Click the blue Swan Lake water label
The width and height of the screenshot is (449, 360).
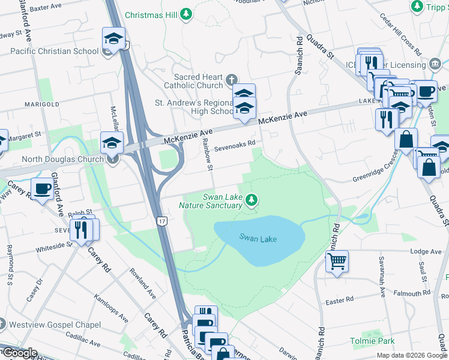(258, 238)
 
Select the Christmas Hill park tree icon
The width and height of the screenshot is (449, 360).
(187, 14)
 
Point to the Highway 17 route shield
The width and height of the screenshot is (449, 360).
(162, 221)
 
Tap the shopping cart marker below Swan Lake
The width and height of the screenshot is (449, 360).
(337, 261)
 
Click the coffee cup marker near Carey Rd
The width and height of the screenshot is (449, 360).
(41, 189)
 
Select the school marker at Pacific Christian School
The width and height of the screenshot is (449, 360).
(113, 40)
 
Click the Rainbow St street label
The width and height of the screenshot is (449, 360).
(208, 154)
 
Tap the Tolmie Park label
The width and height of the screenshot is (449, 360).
(372, 341)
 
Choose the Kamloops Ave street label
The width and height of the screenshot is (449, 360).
(111, 308)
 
